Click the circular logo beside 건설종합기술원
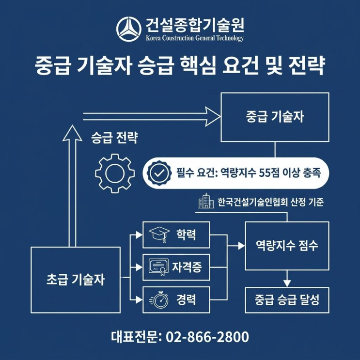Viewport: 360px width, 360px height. [x=128, y=29]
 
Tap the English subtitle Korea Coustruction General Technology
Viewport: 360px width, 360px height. [x=195, y=38]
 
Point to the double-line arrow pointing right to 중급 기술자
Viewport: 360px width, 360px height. [x=152, y=117]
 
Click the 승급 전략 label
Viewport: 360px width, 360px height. [x=114, y=138]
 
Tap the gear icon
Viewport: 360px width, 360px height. [x=115, y=173]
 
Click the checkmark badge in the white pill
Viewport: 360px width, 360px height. [x=159, y=173]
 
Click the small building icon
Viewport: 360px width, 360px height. [x=206, y=201]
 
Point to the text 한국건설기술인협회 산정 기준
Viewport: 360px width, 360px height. [x=270, y=202]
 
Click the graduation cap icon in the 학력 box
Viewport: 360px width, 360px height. [x=159, y=235]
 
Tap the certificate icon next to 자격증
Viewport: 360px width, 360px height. [x=158, y=267]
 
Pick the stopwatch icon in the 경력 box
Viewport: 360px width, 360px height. [x=159, y=299]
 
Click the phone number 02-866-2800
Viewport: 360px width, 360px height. [x=207, y=337]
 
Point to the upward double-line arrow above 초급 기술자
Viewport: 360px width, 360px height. [x=72, y=186]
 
